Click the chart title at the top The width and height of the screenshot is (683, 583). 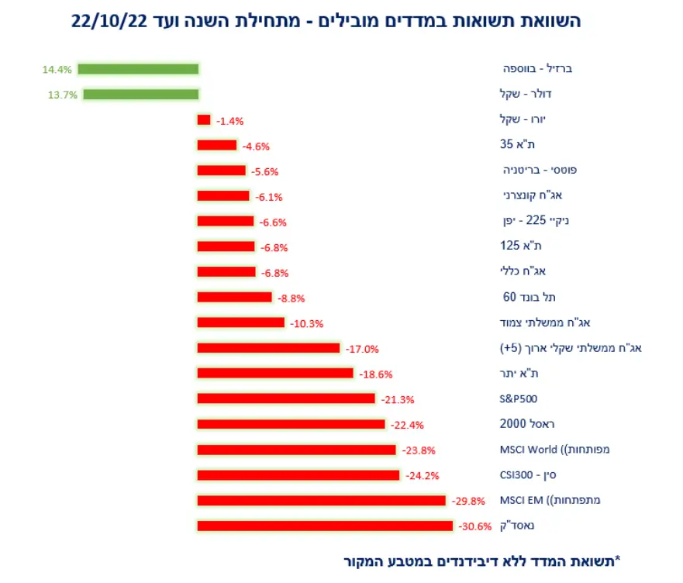[326, 21]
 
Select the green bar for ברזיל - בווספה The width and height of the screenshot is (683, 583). [138, 69]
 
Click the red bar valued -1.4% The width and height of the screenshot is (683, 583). [204, 120]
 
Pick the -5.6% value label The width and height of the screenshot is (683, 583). [265, 171]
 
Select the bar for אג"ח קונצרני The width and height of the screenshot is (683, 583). [223, 196]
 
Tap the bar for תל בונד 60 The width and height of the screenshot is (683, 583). [234, 297]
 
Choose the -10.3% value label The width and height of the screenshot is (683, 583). [306, 323]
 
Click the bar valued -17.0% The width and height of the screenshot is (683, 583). [268, 348]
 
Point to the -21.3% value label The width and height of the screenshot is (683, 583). [398, 399]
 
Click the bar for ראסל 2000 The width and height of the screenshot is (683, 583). [291, 424]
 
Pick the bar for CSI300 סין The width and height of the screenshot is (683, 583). [298, 474]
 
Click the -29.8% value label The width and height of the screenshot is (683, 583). [467, 501]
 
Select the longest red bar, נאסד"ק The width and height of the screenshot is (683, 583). [324, 526]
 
